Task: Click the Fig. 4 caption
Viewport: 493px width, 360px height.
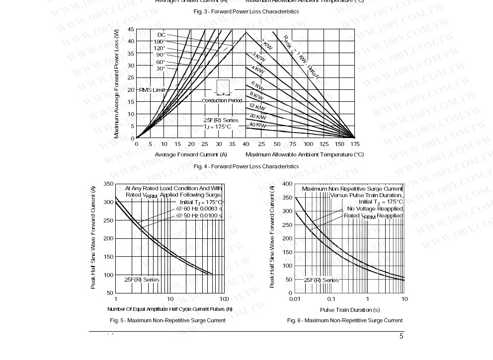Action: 246,166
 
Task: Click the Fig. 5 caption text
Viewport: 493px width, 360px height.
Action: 167,320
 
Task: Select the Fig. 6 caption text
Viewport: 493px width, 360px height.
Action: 344,320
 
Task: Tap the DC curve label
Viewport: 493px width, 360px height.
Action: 162,35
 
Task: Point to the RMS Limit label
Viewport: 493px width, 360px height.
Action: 152,90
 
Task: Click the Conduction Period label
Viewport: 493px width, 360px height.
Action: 222,101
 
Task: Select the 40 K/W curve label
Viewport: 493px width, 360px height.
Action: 257,125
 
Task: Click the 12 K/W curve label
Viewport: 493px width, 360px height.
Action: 257,107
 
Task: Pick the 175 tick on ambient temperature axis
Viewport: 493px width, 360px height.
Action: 354,144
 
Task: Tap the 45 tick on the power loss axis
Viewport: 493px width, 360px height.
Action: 131,29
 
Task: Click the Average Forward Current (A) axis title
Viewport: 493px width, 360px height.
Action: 191,154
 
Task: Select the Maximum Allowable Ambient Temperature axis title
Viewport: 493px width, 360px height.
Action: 304,154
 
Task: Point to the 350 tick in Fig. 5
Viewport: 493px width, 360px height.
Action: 108,184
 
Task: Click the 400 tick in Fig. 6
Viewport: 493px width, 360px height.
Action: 287,184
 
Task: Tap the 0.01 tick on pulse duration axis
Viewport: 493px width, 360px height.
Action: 295,299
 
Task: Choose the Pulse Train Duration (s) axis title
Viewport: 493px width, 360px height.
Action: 350,310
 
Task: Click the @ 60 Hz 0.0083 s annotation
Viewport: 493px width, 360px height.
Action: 199,209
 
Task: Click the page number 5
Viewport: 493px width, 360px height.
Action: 401,337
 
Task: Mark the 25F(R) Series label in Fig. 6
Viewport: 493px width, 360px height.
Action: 321,280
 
